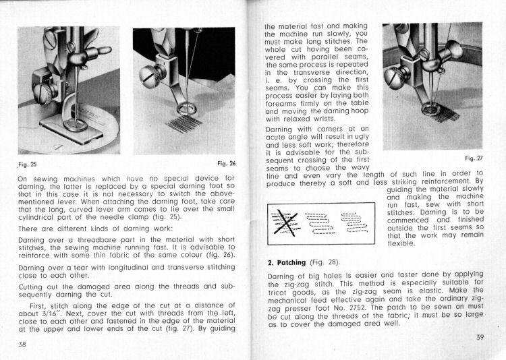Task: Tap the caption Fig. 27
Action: click(x=474, y=158)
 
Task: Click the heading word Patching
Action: click(x=292, y=262)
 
